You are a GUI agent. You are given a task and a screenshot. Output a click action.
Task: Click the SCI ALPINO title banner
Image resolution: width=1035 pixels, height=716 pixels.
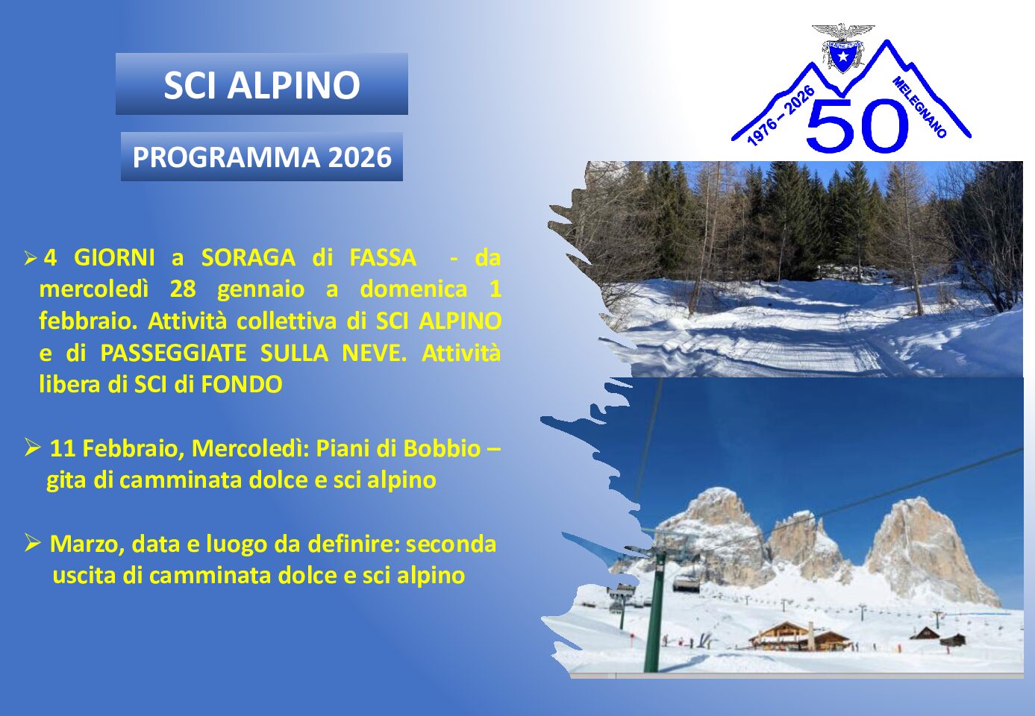[261, 84]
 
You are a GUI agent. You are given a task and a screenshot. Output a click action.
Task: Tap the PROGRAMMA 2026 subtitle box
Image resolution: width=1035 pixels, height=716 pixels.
[261, 157]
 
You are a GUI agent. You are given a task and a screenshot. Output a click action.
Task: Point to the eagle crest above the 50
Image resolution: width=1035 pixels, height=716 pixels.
[843, 48]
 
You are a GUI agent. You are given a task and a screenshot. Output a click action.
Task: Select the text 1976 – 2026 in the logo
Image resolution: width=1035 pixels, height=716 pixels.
[780, 116]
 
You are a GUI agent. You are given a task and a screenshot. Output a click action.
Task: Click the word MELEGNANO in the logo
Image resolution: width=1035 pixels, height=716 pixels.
[919, 107]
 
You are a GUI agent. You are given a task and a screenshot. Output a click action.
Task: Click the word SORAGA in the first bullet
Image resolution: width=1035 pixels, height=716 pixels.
[248, 257]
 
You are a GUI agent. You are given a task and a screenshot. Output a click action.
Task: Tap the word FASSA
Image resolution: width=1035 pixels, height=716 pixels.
[383, 257]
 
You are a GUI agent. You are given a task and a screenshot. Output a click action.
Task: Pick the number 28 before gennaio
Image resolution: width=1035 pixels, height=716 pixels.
[183, 289]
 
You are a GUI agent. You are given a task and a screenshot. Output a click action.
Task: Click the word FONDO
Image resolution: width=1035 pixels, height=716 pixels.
[242, 385]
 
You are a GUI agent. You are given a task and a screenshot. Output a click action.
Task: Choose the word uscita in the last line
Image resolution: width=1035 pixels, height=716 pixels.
[84, 576]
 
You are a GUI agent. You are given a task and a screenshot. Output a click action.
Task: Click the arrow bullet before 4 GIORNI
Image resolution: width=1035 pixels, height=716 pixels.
[31, 259]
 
